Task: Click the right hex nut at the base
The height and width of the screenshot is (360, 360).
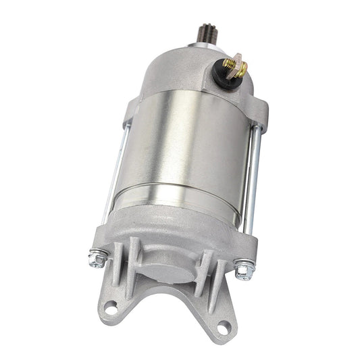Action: click(244, 269)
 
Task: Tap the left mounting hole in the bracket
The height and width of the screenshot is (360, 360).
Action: click(111, 306)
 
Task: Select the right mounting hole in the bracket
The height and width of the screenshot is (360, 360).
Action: click(222, 328)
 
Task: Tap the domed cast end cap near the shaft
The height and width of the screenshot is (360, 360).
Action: click(196, 68)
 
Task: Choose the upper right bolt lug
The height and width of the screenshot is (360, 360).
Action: click(260, 115)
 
